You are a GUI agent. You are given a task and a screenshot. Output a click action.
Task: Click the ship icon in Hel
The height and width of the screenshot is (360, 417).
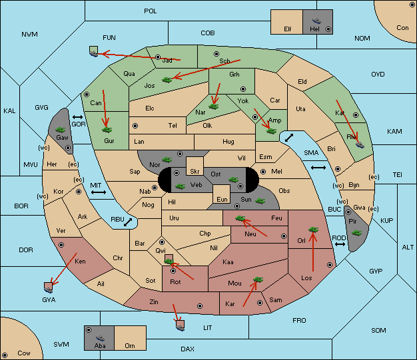[x=316, y=21]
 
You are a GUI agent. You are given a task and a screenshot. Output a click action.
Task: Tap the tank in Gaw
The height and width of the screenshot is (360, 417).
[x=61, y=130]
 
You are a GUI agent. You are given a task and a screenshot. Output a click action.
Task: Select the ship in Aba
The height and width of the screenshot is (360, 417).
[x=100, y=338]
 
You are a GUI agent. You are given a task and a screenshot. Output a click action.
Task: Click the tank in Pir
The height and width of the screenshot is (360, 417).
[x=356, y=233]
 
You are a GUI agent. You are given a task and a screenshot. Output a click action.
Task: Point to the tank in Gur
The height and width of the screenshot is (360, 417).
[x=107, y=130]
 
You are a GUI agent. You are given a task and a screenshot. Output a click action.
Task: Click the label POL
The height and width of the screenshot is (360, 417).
[x=151, y=11]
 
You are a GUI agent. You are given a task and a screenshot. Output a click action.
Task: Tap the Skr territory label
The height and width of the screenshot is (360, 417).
[x=195, y=172]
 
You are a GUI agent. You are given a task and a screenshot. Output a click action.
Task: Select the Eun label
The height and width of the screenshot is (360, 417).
[x=222, y=199]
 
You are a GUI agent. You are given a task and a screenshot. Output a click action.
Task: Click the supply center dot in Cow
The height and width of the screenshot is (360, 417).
[x=5, y=355]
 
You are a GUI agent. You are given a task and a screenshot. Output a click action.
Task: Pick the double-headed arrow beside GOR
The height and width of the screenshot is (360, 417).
[x=77, y=117]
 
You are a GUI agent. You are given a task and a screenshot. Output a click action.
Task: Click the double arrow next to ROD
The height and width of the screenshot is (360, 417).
[x=340, y=244]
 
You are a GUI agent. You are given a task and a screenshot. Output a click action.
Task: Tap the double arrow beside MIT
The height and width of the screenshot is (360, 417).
[x=99, y=192]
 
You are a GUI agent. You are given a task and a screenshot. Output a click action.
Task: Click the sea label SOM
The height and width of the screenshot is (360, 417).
[x=378, y=331]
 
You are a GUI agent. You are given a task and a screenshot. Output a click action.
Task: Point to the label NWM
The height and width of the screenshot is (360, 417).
[x=29, y=35]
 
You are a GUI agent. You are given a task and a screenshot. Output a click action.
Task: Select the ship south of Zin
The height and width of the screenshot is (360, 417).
[x=180, y=325]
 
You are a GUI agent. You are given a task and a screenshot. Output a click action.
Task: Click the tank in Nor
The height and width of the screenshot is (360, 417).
[x=167, y=160]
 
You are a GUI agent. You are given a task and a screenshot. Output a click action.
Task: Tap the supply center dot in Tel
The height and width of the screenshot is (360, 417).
[x=135, y=125]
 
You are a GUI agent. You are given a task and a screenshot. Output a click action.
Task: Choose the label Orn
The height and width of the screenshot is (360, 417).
[x=130, y=345]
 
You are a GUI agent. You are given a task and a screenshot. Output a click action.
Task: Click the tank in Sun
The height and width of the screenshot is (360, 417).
[x=260, y=201]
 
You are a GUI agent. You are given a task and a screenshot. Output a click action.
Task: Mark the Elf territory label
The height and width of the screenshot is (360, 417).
[x=288, y=29]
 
